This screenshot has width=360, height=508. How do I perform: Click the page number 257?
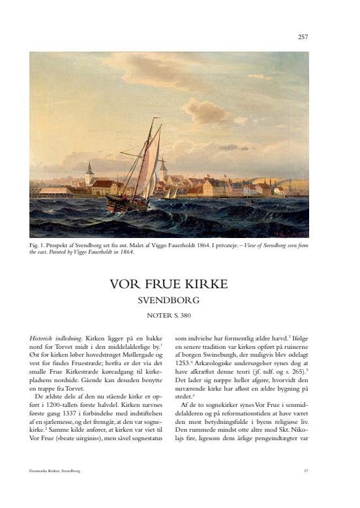coord(303,37)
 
